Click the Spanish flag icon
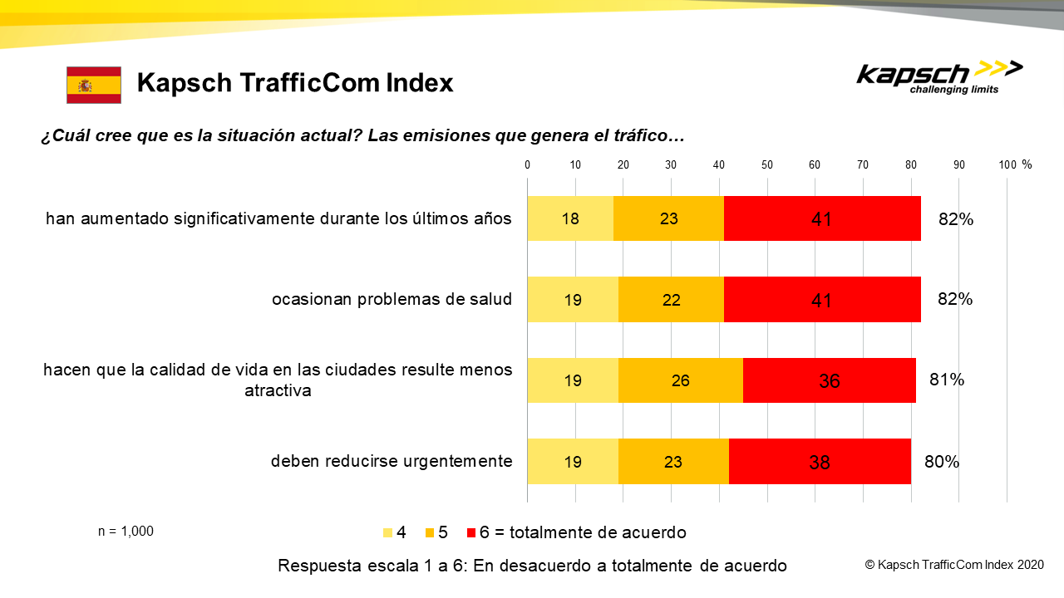(94, 85)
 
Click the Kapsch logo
(939, 77)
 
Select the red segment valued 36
(829, 380)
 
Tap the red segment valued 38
(820, 462)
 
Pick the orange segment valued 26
(681, 380)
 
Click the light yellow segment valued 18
(570, 218)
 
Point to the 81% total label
(946, 380)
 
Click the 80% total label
(941, 462)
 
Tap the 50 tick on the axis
(767, 164)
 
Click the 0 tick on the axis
(528, 164)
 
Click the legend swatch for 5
(430, 532)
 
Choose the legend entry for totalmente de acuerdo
(583, 532)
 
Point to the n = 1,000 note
(126, 532)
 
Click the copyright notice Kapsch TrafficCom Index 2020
(954, 565)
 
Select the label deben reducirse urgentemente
(392, 461)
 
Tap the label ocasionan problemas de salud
(392, 299)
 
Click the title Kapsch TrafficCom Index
(295, 83)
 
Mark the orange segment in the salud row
(671, 299)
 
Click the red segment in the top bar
(822, 218)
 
